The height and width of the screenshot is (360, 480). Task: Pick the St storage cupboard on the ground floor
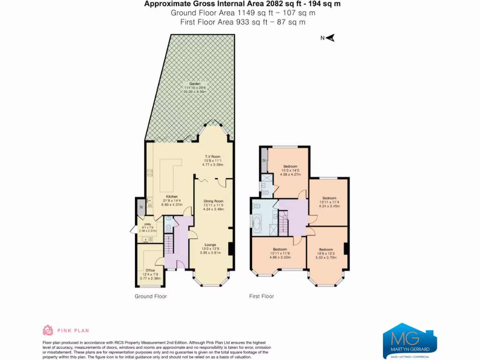tap(141, 207)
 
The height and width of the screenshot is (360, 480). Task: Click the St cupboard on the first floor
tap(264, 160)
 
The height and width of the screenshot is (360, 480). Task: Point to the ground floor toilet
tap(169, 228)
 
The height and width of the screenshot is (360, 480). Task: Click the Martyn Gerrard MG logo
tap(406, 340)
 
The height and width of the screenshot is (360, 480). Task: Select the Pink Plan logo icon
tap(47, 330)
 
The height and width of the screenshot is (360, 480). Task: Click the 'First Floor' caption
tap(261, 296)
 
